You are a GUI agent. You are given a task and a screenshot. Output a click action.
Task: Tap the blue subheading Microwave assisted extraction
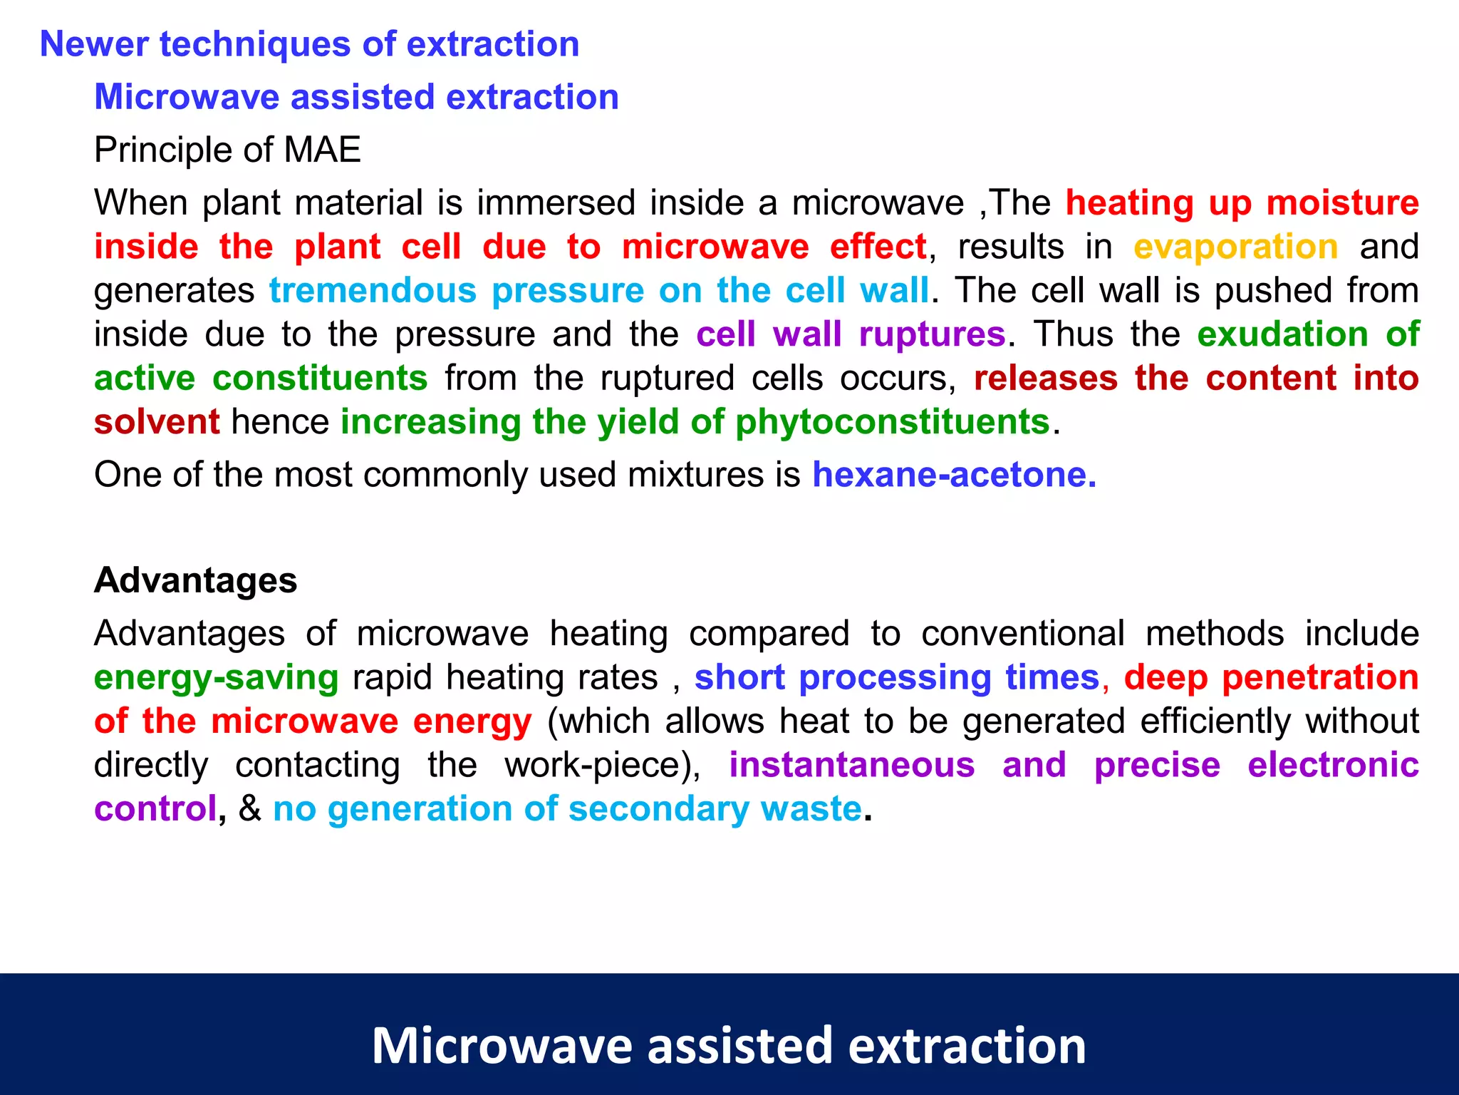(356, 97)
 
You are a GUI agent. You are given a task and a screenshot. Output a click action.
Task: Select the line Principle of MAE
(227, 150)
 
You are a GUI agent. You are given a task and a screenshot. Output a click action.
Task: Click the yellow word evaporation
(1235, 247)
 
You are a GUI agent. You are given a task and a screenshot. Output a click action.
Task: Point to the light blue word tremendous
(373, 291)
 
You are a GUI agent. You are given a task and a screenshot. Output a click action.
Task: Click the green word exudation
(1282, 334)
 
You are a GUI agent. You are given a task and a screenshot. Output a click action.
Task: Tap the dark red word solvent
(157, 422)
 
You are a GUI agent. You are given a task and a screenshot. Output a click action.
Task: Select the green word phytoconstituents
(893, 422)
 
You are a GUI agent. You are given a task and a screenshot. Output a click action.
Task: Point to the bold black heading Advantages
(195, 580)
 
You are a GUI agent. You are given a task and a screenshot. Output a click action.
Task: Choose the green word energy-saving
(216, 678)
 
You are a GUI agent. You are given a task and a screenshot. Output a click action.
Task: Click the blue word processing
(895, 678)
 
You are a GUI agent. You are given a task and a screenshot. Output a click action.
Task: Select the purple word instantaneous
(851, 765)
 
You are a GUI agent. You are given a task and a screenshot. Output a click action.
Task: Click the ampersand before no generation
(249, 808)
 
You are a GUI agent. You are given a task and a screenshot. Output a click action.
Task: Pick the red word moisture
(1342, 203)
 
